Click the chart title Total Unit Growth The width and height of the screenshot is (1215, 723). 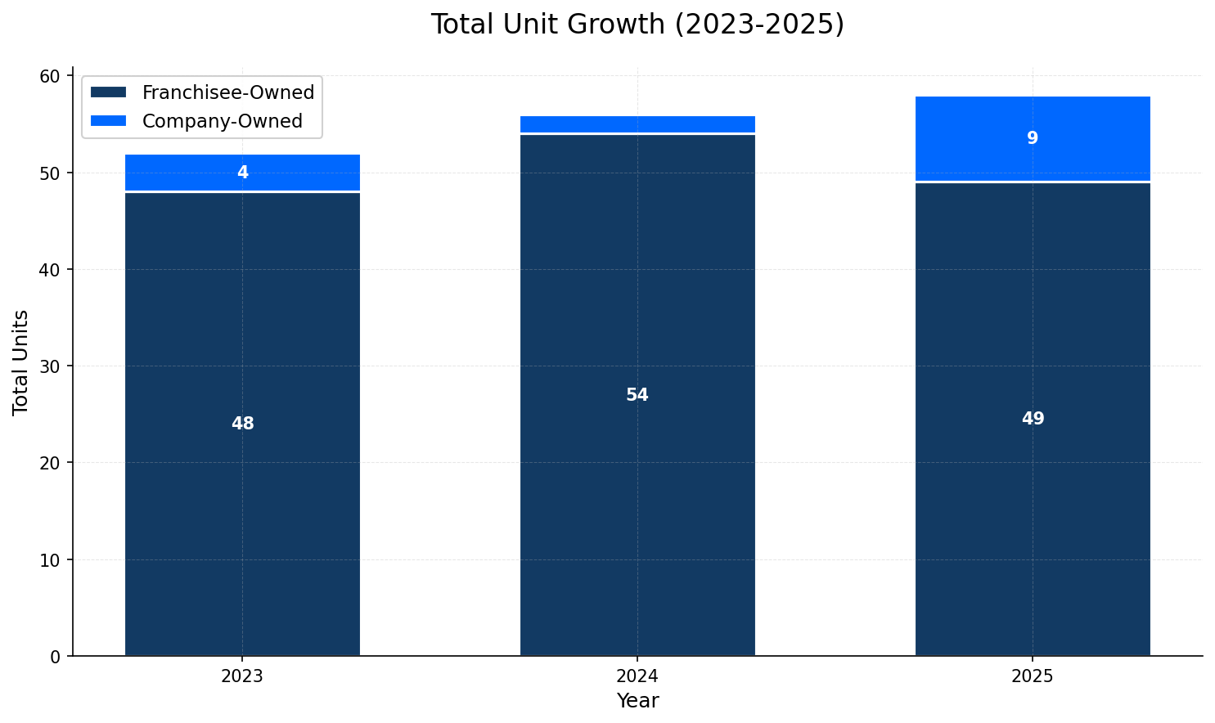point(637,25)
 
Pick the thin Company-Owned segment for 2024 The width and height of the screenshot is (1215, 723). point(637,124)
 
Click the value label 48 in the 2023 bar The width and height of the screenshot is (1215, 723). point(242,424)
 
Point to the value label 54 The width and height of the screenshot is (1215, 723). point(637,395)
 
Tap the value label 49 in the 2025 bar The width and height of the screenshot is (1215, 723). point(1033,419)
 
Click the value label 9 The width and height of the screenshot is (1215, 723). point(1033,138)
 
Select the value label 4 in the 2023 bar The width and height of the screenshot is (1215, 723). point(242,173)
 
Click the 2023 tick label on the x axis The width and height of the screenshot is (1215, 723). point(242,677)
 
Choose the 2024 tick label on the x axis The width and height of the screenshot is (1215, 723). point(637,677)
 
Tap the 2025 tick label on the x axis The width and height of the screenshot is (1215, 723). point(1033,677)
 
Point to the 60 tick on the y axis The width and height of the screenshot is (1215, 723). point(51,76)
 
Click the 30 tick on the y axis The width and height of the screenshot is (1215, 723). point(51,366)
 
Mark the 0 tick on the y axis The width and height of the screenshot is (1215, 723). point(56,656)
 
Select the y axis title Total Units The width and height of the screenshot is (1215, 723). point(21,362)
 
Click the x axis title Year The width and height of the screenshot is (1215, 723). point(637,701)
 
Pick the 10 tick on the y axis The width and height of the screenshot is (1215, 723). point(51,559)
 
